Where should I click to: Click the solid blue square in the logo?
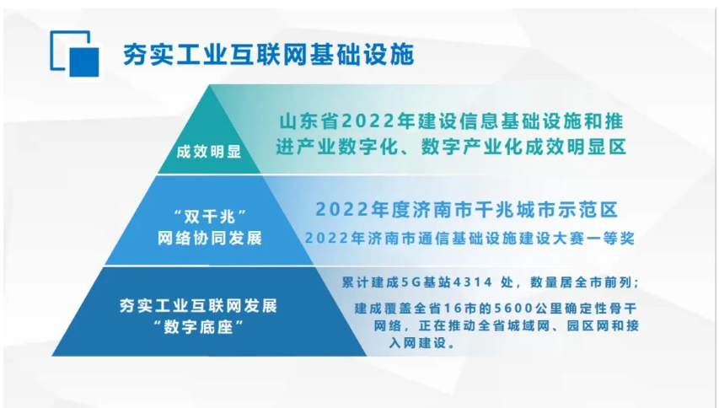coord(84,62)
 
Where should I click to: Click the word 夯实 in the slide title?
coord(137,55)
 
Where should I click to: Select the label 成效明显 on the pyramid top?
coord(209,152)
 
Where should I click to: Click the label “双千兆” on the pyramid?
coord(211,217)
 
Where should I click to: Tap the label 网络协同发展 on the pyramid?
coord(210,239)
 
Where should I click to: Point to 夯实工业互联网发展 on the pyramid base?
coord(198,306)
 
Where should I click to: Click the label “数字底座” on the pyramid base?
coord(198,327)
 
